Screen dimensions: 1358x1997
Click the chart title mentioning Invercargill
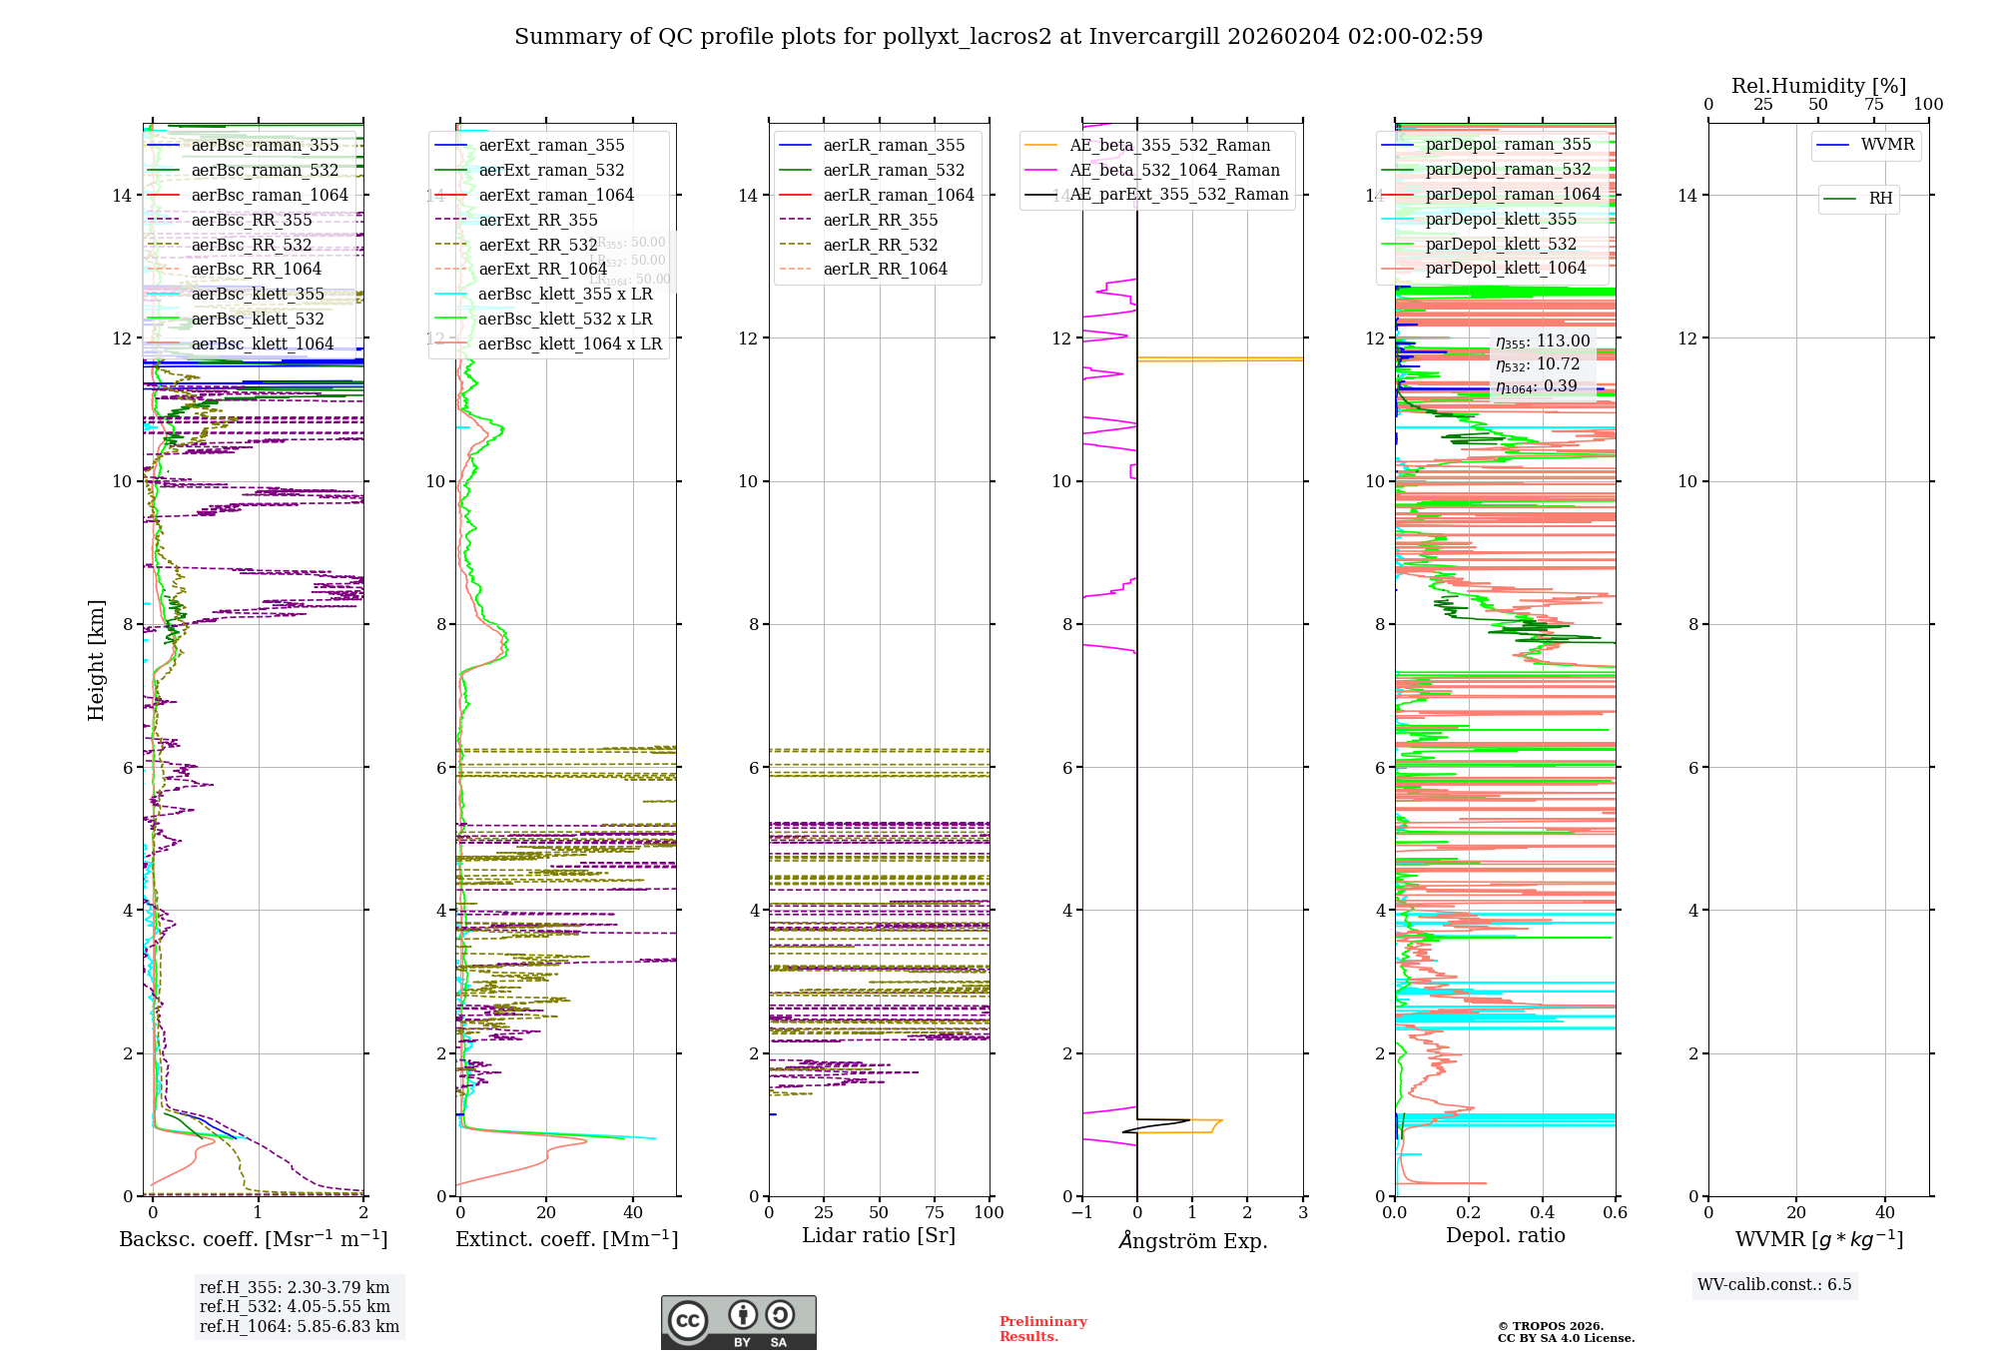998,37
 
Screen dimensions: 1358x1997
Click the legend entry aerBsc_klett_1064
262,344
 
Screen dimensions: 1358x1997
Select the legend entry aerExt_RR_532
537,246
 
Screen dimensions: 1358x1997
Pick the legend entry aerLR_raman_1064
898,196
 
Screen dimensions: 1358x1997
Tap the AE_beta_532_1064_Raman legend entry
1174,171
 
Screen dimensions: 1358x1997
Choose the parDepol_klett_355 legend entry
1500,220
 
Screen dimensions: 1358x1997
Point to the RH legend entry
1880,199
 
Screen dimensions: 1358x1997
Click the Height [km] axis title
96,659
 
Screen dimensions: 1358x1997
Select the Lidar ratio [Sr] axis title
879,1236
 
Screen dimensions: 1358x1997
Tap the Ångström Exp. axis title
1192,1241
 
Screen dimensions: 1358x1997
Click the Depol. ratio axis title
1505,1236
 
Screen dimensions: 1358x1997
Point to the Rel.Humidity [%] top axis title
1818,87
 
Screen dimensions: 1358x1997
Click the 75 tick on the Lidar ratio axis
935,1213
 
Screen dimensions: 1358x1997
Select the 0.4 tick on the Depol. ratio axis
1542,1213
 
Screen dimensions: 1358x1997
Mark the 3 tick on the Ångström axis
1302,1213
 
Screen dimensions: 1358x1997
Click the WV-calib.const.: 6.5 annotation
1773,1285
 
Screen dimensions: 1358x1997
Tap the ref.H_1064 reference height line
300,1327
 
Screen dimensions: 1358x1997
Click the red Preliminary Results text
1042,1329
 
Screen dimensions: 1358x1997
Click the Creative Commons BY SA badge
738,1323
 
